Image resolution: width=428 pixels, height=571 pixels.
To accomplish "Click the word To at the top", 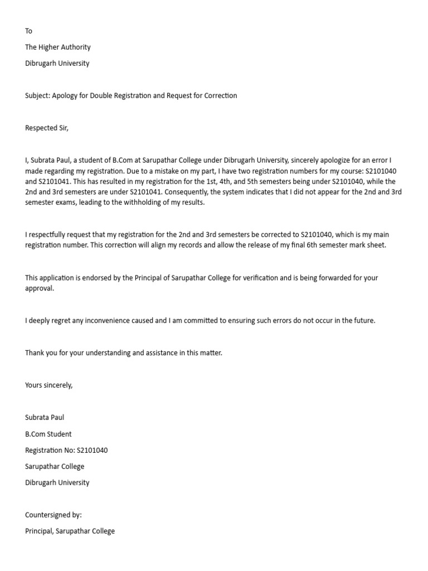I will (x=29, y=31).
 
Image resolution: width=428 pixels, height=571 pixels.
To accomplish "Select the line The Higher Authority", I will (x=57, y=47).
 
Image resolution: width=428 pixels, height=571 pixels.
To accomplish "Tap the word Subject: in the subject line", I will (x=37, y=95).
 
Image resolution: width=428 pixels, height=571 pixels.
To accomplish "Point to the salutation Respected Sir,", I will (x=47, y=128).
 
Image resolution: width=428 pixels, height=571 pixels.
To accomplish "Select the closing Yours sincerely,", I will (x=49, y=385).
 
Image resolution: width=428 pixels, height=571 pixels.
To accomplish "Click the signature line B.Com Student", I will (x=48, y=434).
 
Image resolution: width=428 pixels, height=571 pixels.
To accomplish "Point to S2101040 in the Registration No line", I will (x=92, y=451).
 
